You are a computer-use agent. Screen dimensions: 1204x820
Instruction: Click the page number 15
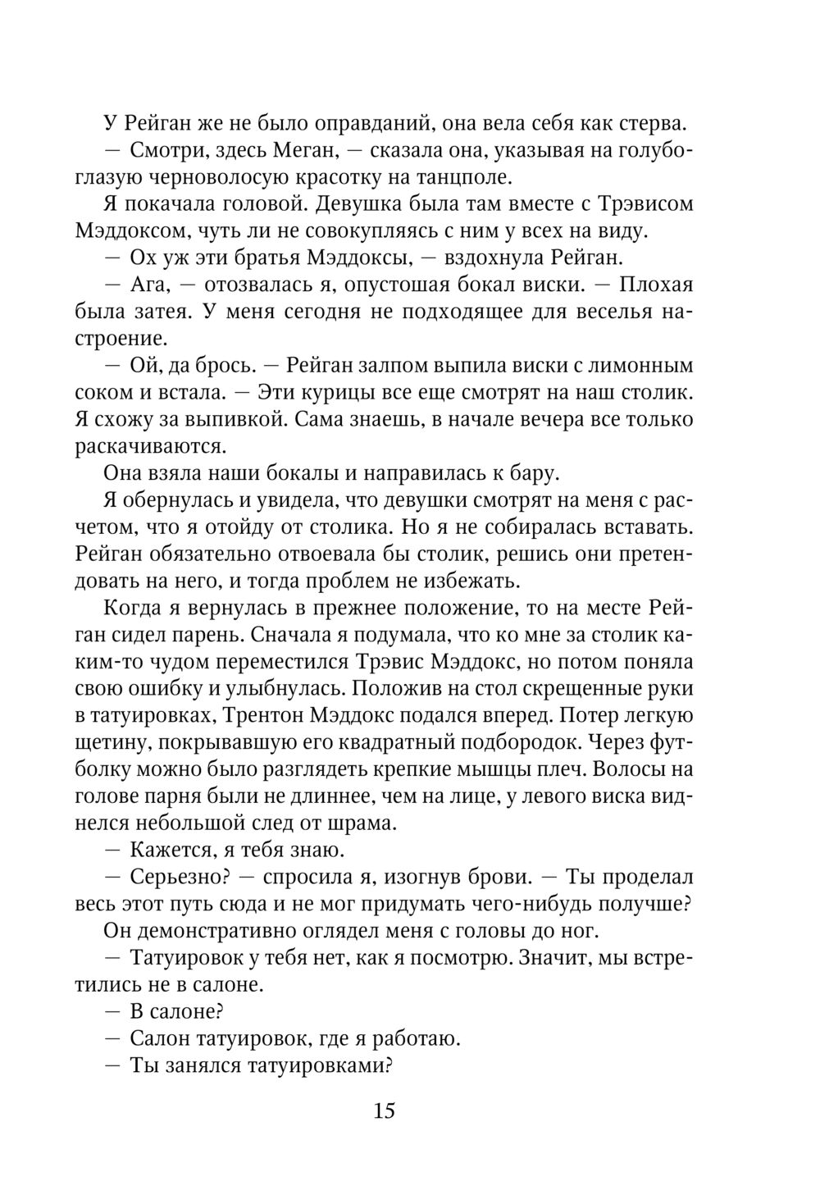384,1111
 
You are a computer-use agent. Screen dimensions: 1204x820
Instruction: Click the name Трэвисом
637,204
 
